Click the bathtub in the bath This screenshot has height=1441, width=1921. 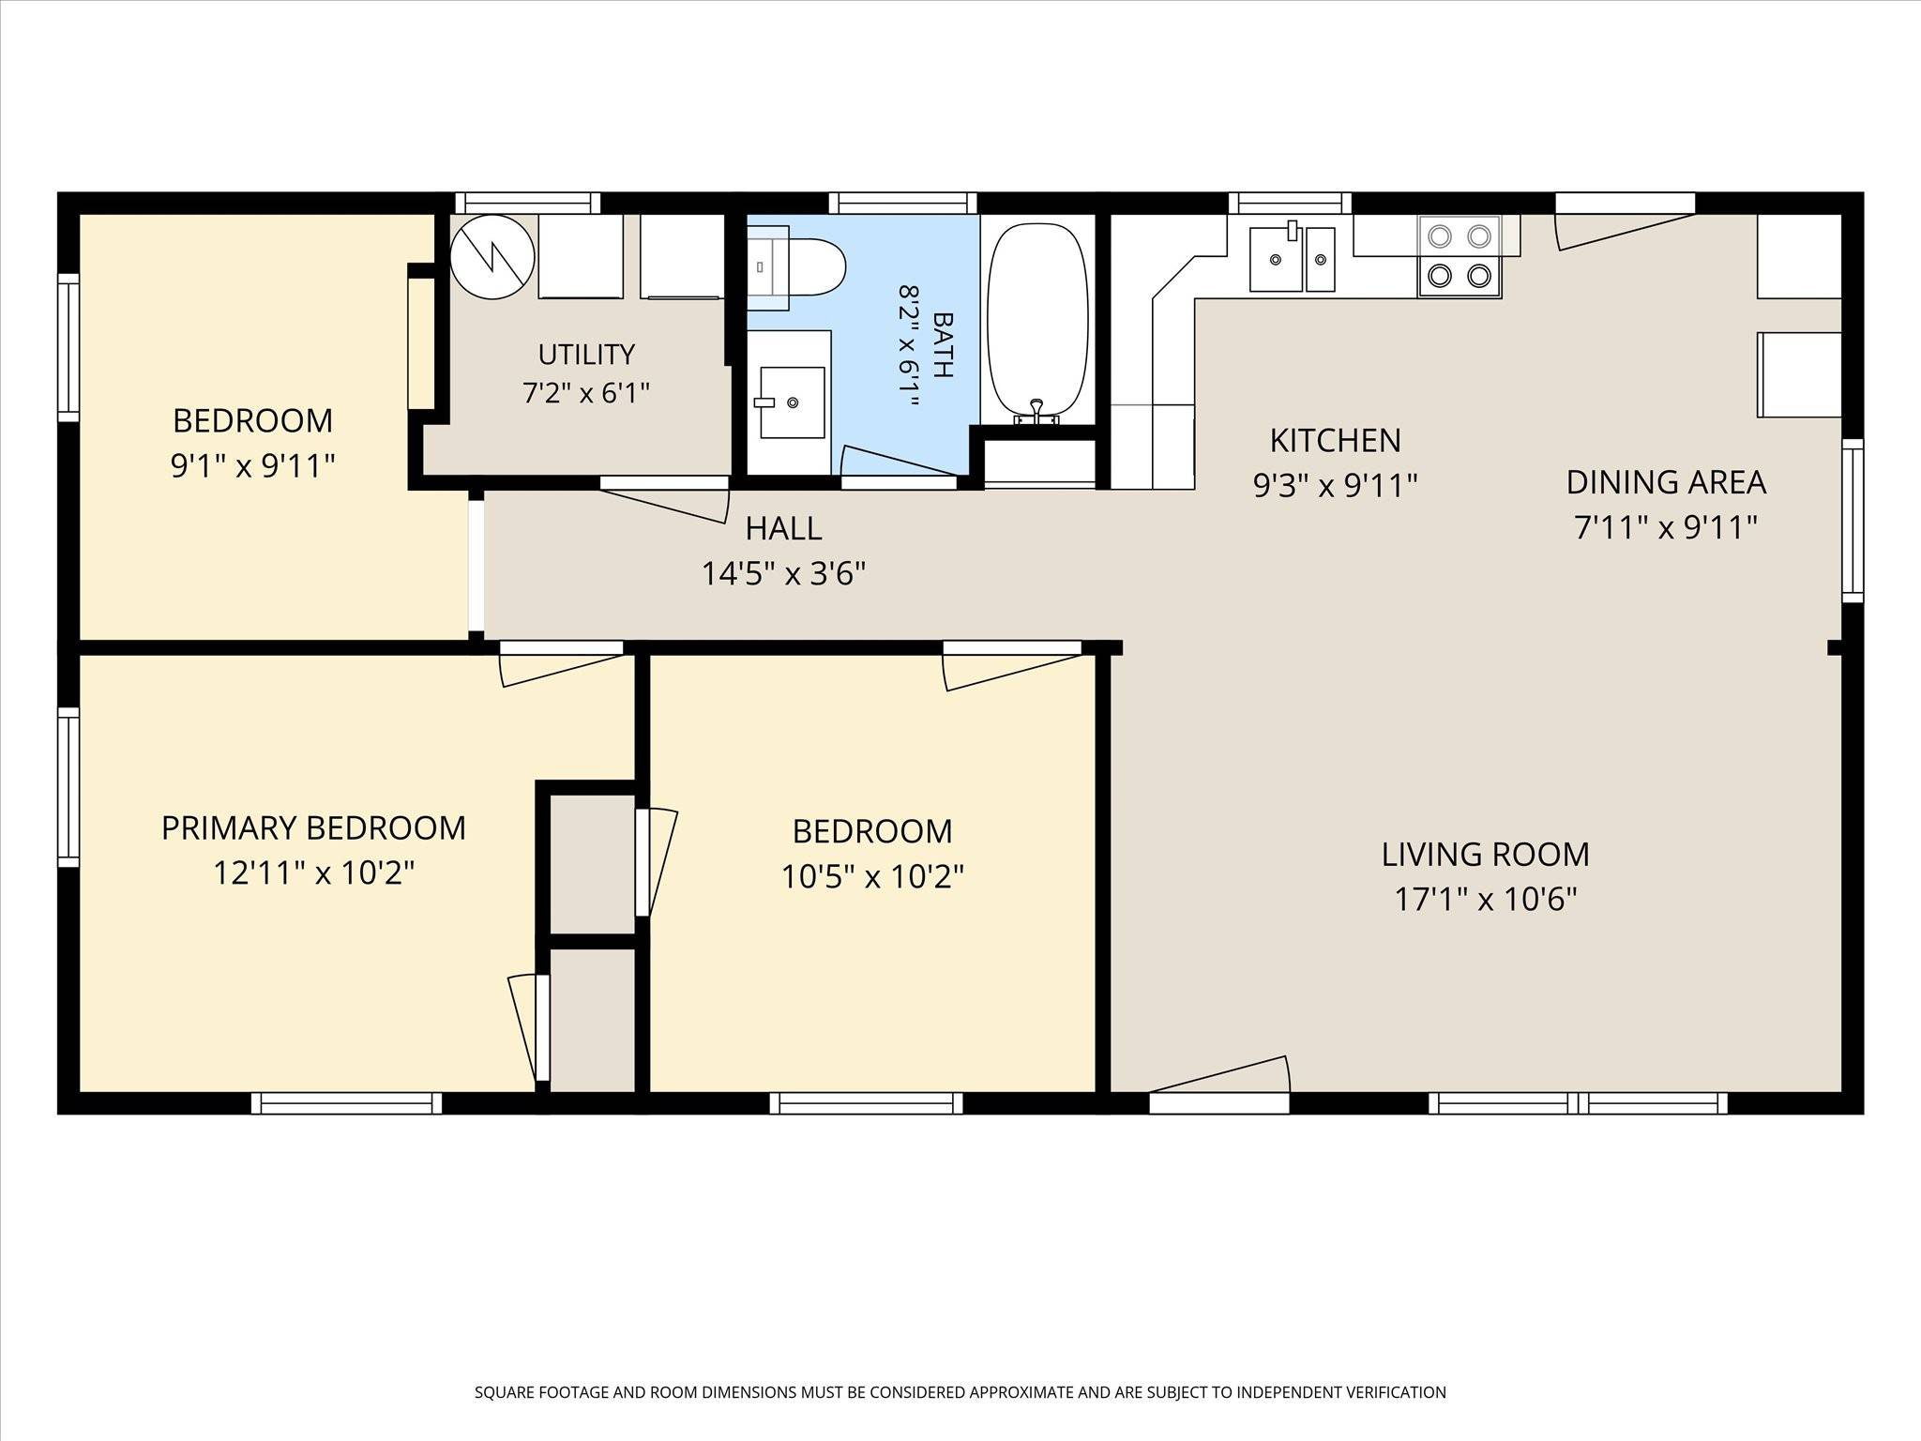coord(1038,321)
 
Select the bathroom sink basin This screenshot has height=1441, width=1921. coord(792,402)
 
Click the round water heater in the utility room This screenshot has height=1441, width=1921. coord(492,256)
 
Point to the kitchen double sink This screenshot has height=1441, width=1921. coord(1292,258)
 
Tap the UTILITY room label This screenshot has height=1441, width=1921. coord(586,354)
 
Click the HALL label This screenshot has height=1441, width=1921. coord(783,528)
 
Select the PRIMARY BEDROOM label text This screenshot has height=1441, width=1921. coord(313,827)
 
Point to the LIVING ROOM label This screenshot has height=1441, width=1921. coord(1485,854)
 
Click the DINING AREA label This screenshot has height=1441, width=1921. coord(1666,482)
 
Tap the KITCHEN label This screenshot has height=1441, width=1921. coord(1335,440)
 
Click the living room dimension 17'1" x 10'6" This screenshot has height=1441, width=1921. coord(1486,899)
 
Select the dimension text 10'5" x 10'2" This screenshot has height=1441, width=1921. coord(872,876)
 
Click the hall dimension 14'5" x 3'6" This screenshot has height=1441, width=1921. coord(783,572)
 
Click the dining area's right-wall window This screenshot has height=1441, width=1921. coord(1852,520)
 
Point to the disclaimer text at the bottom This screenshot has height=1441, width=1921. coord(960,1392)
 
